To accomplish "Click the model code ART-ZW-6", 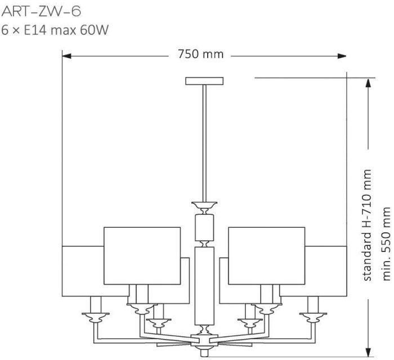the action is (41, 12).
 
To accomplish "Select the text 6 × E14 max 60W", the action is (55, 30).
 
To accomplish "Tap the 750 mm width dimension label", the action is (200, 54).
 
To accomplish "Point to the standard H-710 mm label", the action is (367, 225).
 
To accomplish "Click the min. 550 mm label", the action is (387, 244).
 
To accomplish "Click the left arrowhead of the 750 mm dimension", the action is (66, 56).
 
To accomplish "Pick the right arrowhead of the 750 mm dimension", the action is (342, 56).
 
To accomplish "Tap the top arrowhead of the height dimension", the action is (368, 83).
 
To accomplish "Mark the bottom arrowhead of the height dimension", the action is (368, 352).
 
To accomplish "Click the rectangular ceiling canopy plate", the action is (204, 81).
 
